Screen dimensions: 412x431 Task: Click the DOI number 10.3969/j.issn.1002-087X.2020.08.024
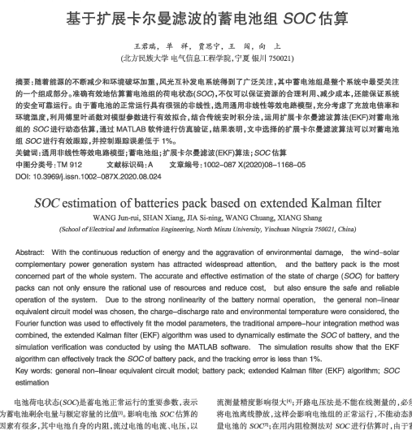(x=96, y=175)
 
